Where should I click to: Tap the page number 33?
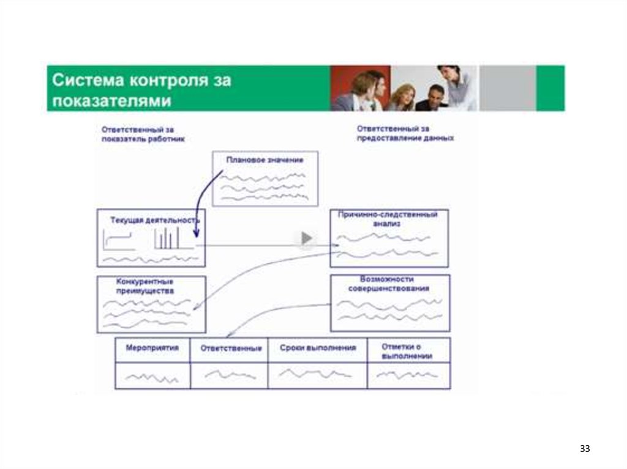pos(585,449)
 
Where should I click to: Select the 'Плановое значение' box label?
pos(265,160)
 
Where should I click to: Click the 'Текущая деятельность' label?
pos(155,219)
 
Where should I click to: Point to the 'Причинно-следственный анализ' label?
pos(388,220)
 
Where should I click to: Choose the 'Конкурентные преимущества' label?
pos(145,286)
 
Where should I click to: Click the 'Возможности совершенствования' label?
pos(388,283)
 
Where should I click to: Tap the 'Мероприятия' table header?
pos(152,348)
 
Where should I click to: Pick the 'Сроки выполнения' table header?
pos(318,348)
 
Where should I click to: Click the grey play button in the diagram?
pos(307,238)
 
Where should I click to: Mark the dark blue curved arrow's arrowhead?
pos(196,234)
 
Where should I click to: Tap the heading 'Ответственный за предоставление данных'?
pos(405,134)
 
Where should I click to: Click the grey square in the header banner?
pos(507,88)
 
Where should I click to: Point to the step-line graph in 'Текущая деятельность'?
pos(119,241)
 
